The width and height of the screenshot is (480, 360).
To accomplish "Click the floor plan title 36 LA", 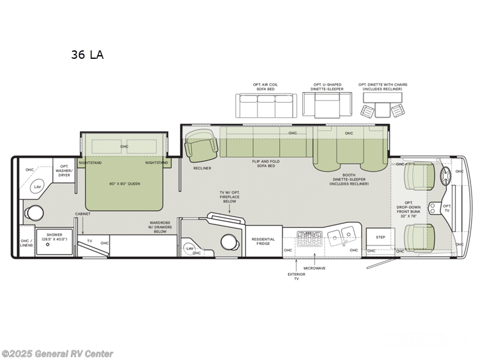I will click(87, 55).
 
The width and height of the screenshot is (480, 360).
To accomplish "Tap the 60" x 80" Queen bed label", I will click(125, 184).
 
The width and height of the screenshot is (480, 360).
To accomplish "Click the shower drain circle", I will click(47, 245).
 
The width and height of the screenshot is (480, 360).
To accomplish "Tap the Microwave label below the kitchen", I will click(314, 268).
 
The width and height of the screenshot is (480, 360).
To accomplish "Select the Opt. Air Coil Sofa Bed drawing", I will click(265, 106).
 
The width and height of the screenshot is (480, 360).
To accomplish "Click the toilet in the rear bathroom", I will click(34, 212).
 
